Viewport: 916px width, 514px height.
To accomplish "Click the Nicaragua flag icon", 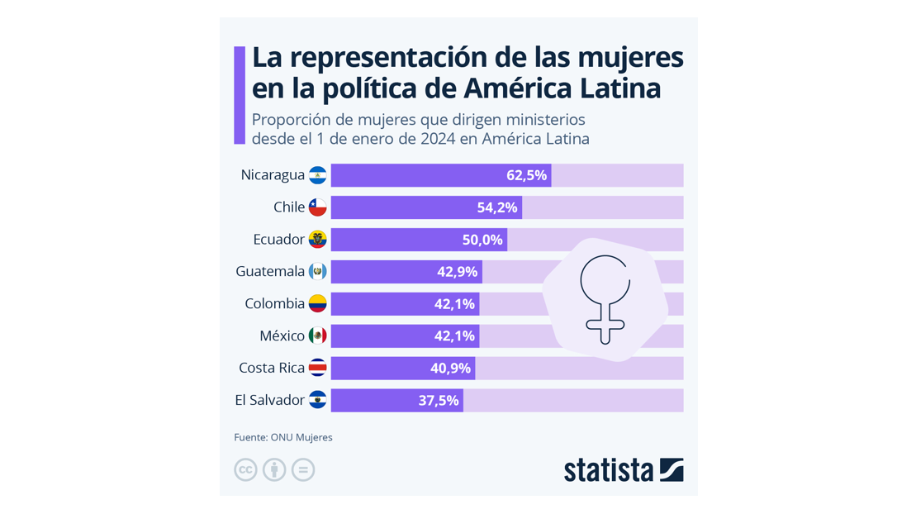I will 317,175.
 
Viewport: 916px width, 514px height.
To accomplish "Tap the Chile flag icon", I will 317,207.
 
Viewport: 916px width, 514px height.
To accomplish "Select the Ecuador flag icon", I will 317,240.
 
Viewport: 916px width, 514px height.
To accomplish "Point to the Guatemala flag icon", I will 317,271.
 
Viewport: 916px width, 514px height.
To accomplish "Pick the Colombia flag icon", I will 317,303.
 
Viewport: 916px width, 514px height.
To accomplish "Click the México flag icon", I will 317,336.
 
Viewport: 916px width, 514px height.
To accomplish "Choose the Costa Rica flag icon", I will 317,368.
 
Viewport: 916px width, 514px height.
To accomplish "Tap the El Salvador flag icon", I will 317,400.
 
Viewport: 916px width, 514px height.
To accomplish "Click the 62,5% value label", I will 526,175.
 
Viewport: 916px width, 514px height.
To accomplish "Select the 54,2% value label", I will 497,207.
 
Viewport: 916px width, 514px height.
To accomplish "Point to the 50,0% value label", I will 482,240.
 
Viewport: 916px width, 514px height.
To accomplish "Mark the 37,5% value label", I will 439,400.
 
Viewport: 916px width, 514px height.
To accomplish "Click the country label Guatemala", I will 270,271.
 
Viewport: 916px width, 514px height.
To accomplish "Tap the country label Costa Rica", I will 272,368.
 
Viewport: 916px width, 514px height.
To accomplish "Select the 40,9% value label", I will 450,368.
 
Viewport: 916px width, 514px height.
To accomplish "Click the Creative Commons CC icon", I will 245,469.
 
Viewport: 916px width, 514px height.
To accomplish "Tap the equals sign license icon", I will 303,469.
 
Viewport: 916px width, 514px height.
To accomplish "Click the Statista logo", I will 624,469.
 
